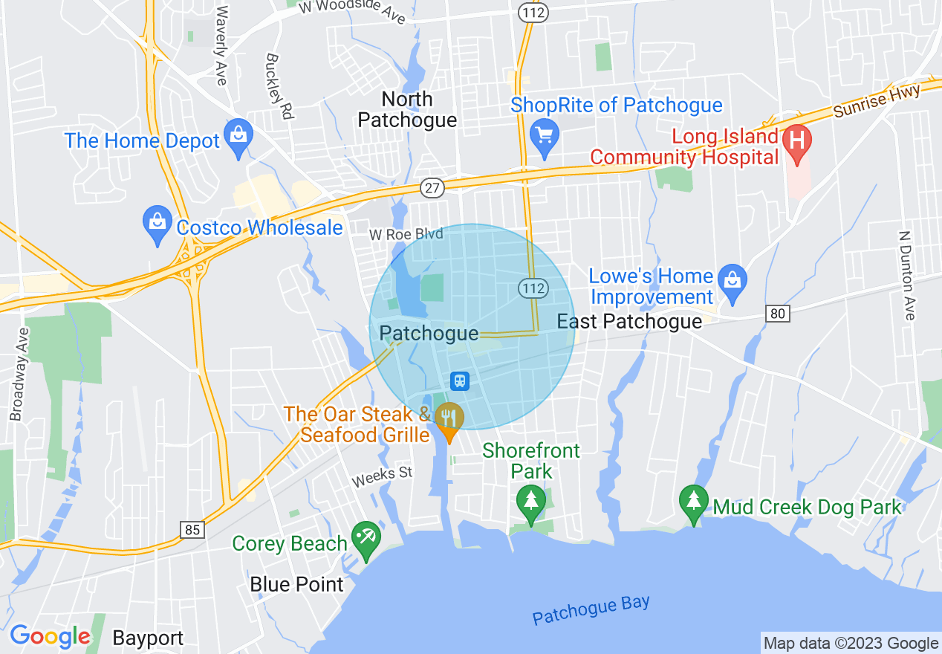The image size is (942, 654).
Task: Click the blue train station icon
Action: [460, 381]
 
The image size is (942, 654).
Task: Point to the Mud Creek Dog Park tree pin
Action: [693, 503]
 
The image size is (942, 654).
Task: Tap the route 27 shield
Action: [432, 187]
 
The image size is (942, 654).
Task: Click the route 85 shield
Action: [192, 529]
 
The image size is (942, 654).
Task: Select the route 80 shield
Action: [777, 314]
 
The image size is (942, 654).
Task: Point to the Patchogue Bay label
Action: [591, 610]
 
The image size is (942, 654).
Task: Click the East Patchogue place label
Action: [629, 321]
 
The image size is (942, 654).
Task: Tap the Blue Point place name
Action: [296, 584]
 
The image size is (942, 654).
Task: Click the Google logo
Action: [50, 637]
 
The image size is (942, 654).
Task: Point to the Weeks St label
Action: [382, 476]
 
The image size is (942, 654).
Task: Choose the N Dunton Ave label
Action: [906, 275]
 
